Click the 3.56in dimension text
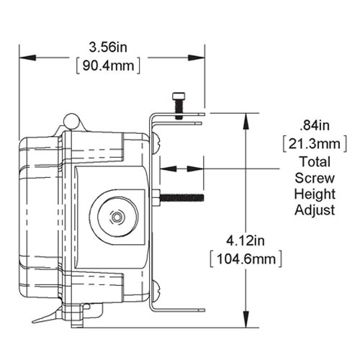(x=109, y=47)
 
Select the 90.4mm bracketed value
(x=108, y=66)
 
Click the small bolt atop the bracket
(x=179, y=104)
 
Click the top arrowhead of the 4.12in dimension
(x=248, y=118)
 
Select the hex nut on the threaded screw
(x=156, y=197)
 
